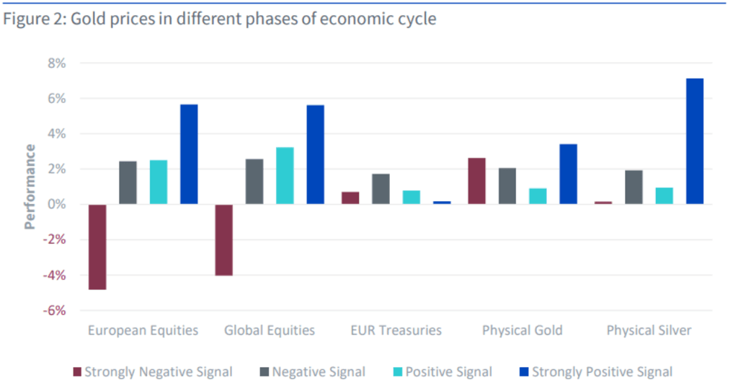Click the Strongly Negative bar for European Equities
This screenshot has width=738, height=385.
point(97,247)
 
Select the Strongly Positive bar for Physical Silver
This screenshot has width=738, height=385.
point(694,141)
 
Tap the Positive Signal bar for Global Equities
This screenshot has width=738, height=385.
point(285,176)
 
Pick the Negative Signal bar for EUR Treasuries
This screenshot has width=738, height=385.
point(381,189)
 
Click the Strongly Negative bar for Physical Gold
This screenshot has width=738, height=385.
point(477,181)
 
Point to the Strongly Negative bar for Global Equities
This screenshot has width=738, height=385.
point(224,240)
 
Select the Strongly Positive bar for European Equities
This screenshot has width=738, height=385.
point(188,154)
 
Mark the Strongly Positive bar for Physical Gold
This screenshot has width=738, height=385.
point(568,174)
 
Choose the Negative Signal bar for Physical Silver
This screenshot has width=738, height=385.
point(633,187)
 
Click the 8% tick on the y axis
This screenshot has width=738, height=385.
point(56,63)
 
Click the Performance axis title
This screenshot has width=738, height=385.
point(30,187)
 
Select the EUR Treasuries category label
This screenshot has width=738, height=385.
point(396,330)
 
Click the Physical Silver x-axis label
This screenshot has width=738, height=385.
point(649,330)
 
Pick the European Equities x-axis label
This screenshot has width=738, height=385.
point(143,330)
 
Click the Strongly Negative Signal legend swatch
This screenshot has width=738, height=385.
point(77,372)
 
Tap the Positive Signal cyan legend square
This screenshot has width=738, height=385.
point(397,372)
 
